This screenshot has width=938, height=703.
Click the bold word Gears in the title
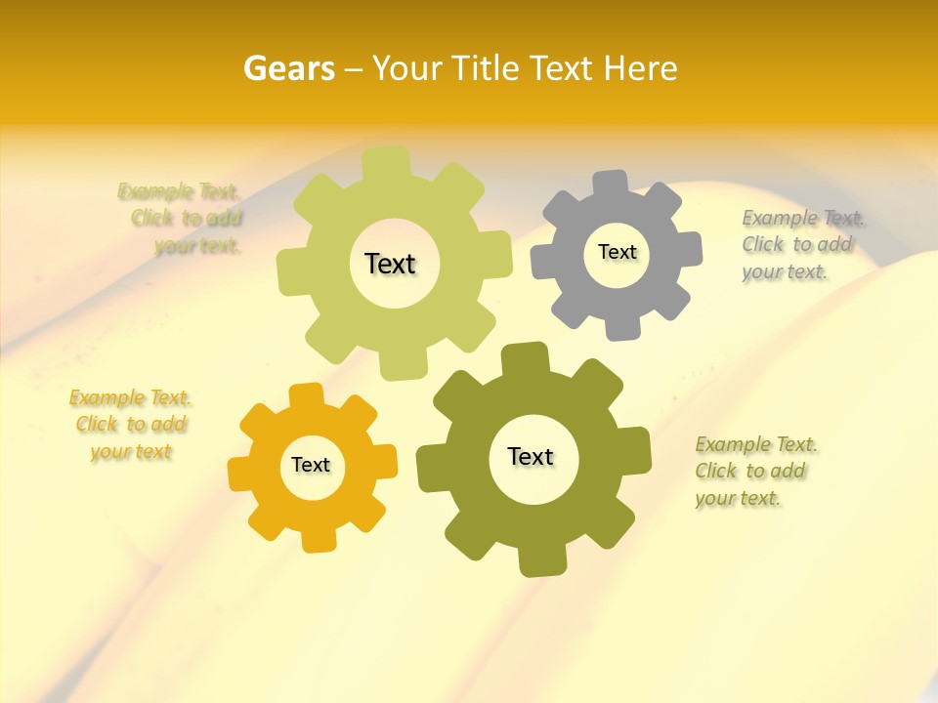[x=288, y=68]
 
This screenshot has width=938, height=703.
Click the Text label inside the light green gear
[x=390, y=264]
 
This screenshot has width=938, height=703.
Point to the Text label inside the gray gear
[x=617, y=252]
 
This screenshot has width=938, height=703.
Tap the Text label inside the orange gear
[x=311, y=465]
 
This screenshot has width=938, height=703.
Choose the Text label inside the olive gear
[x=531, y=456]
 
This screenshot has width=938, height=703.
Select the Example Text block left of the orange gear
[x=131, y=425]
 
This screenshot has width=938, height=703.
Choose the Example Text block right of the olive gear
[x=752, y=471]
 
